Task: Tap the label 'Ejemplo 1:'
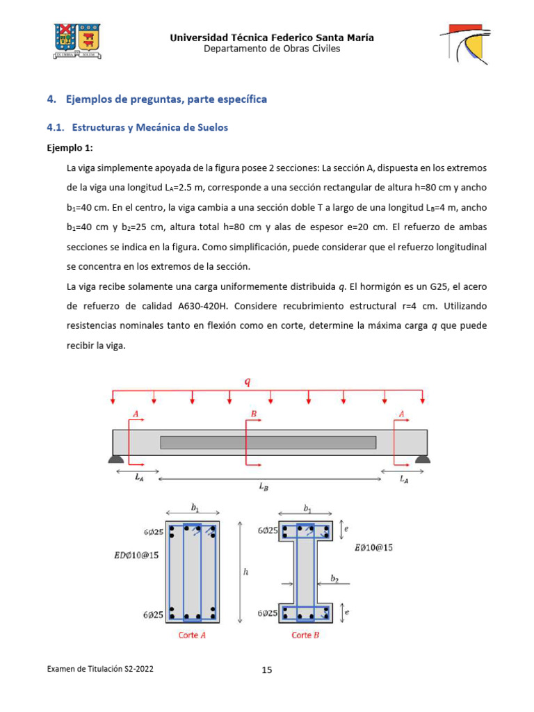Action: [70, 148]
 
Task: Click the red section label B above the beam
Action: [254, 414]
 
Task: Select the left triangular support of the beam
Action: [115, 458]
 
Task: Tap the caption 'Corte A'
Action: [192, 635]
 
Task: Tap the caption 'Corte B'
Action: [305, 635]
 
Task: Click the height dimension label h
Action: [245, 572]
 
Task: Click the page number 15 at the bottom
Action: [267, 670]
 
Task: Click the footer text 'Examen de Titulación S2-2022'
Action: [100, 669]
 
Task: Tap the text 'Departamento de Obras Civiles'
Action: [272, 49]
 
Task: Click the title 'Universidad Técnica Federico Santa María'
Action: [272, 38]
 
